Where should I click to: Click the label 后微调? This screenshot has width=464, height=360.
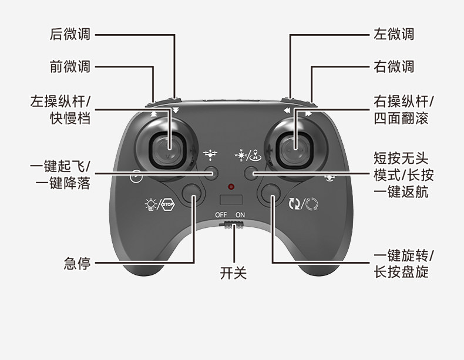[70, 34]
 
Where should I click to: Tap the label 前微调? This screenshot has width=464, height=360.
[70, 66]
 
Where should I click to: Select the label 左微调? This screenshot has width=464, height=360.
[394, 34]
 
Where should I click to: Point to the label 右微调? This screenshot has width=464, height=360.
[394, 66]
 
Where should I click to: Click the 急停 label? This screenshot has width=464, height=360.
[77, 263]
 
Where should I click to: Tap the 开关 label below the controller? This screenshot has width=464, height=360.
[233, 273]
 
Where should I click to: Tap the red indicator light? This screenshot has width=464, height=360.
[232, 187]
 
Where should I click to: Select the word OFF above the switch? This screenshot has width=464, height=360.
[221, 215]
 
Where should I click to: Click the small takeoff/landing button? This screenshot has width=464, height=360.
[212, 173]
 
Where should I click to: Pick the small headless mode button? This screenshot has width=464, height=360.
[251, 173]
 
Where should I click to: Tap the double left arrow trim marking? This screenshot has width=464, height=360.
[286, 110]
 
